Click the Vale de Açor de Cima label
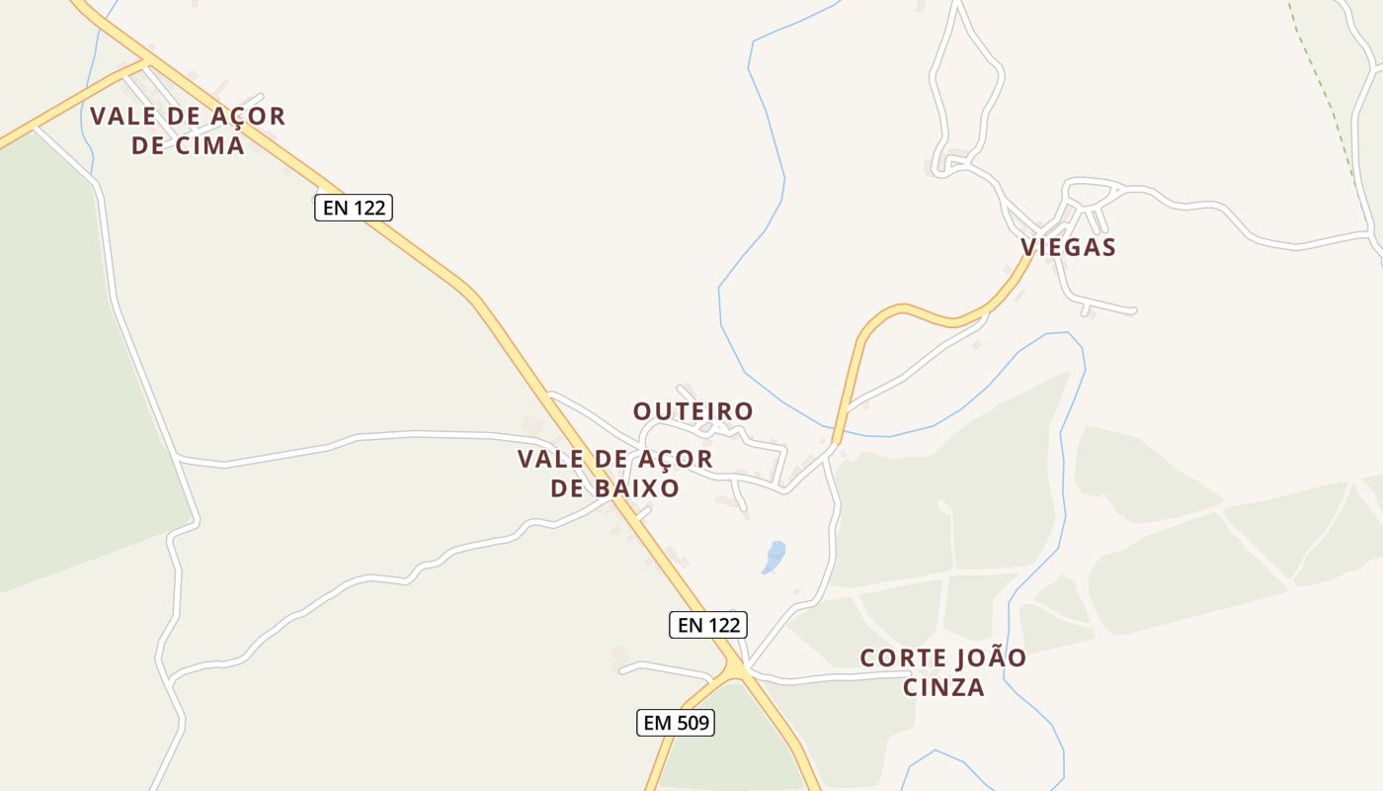(x=188, y=131)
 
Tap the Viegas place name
(x=1068, y=247)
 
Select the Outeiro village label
(x=692, y=411)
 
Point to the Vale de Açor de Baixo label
(x=614, y=474)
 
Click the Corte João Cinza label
(x=943, y=672)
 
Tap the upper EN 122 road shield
(x=354, y=208)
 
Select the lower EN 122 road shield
(x=708, y=625)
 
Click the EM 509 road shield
(x=676, y=723)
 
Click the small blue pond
(x=773, y=558)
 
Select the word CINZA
(x=943, y=687)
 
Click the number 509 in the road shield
(x=691, y=723)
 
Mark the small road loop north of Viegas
(x=966, y=89)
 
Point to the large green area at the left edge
(x=59, y=376)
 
